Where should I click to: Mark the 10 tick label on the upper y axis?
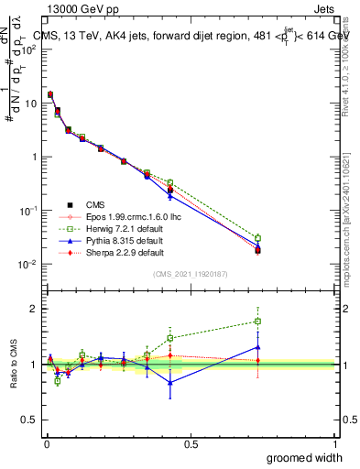tap(28, 103)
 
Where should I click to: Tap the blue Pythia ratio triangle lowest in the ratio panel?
tap(170, 383)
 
